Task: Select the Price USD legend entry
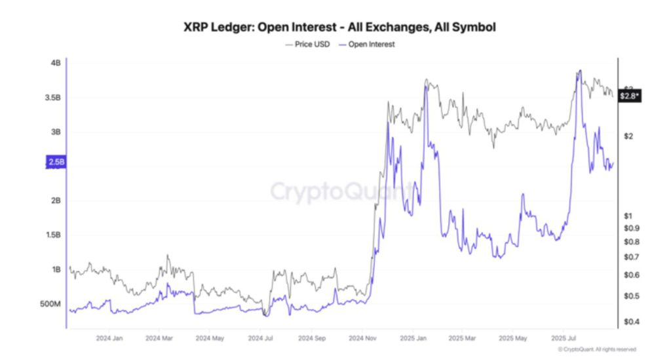[x=309, y=45]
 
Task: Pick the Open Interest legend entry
[x=366, y=45]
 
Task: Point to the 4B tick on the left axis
[x=55, y=63]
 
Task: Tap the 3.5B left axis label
[x=52, y=98]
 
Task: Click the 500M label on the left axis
[x=50, y=304]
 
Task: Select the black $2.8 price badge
[x=630, y=96]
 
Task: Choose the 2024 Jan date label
[x=109, y=339]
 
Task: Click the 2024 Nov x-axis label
[x=362, y=339]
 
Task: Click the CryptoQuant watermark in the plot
[x=341, y=192]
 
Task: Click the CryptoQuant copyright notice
[x=592, y=349]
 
